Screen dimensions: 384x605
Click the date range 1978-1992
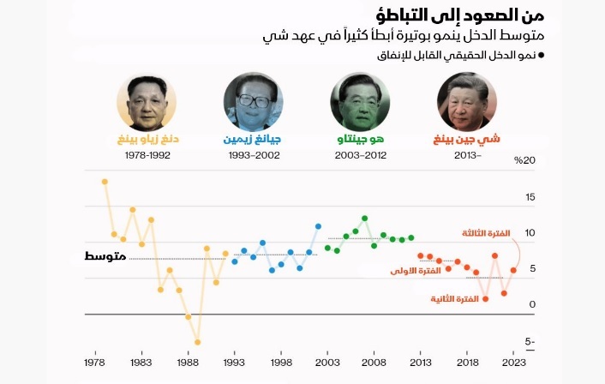[147, 156]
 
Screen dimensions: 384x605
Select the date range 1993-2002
[254, 156]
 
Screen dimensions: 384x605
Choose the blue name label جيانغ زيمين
[254, 139]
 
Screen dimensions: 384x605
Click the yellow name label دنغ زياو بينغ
[147, 139]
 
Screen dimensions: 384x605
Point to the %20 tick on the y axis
[524, 160]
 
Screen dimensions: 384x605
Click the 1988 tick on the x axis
[189, 363]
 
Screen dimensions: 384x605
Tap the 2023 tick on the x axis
[515, 363]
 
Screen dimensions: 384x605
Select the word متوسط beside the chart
[107, 257]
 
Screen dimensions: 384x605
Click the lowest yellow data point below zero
[197, 342]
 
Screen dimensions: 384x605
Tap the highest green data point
[365, 218]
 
